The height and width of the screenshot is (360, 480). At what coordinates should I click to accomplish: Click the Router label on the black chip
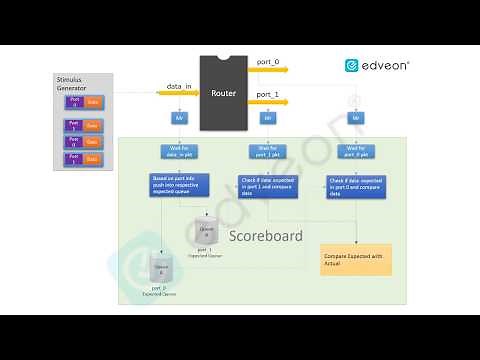tap(223, 93)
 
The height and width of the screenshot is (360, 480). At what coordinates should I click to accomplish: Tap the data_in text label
tap(179, 86)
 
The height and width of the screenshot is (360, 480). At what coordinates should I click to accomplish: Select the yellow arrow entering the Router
tap(178, 94)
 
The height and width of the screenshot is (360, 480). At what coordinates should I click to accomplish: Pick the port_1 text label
tap(267, 93)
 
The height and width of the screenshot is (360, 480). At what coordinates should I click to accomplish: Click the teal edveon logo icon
tap(352, 65)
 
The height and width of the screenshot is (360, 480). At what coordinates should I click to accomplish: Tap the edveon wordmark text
tap(385, 65)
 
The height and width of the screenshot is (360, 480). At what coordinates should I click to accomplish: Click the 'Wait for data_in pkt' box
tap(181, 151)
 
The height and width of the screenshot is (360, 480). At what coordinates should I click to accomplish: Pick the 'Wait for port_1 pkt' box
tap(268, 151)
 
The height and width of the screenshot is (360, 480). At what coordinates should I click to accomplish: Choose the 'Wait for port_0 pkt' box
tap(356, 151)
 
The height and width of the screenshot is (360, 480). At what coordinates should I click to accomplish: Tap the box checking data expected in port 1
tap(269, 185)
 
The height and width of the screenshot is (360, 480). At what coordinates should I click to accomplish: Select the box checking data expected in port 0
tap(356, 185)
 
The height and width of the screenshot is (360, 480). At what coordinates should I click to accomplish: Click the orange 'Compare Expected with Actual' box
tap(356, 259)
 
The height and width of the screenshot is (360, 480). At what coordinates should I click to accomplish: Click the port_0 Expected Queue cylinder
tap(160, 270)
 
